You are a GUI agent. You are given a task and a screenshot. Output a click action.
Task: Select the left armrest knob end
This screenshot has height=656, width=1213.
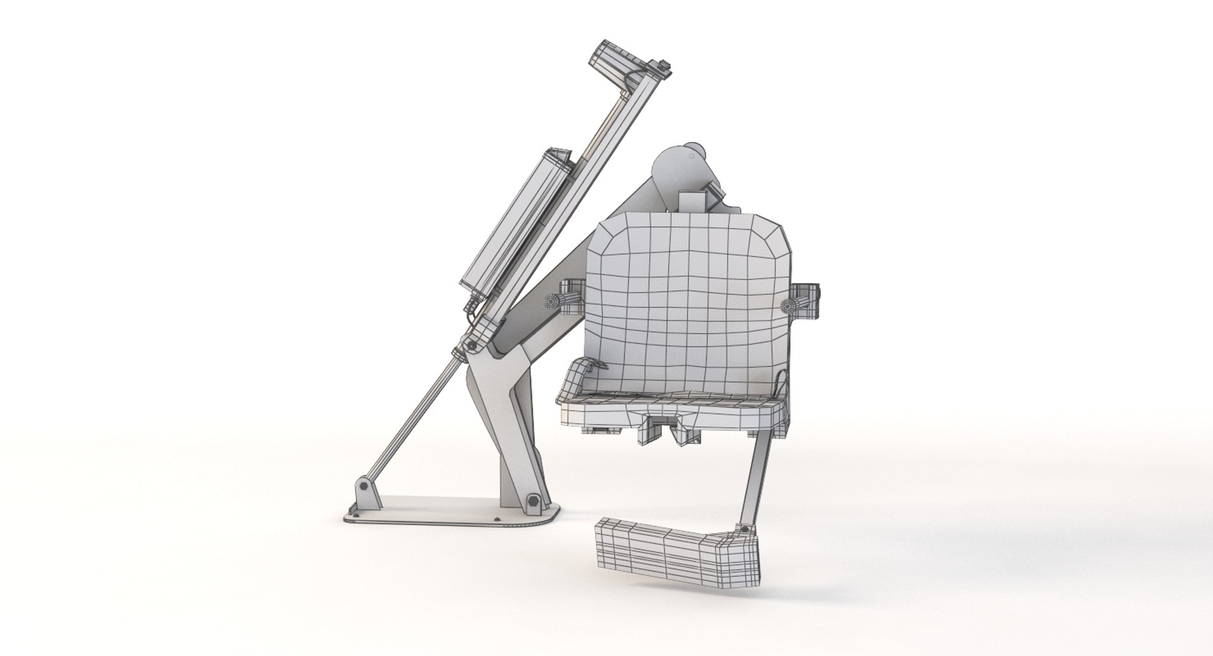[556, 301]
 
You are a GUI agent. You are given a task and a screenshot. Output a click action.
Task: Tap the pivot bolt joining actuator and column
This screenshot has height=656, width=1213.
[471, 344]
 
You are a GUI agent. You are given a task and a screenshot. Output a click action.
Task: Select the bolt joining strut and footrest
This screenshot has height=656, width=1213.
[745, 529]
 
